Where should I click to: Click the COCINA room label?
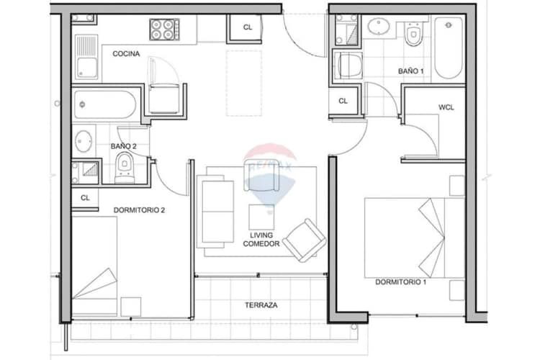(x=126, y=54)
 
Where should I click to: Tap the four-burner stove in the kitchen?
(x=164, y=30)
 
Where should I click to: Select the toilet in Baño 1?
(x=413, y=34)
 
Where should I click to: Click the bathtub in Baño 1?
(x=448, y=48)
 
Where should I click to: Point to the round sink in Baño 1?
(x=379, y=27)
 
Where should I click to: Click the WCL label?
(x=446, y=107)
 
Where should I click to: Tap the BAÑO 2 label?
(x=123, y=146)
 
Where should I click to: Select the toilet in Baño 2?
(x=125, y=168)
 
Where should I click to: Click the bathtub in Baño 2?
(x=104, y=104)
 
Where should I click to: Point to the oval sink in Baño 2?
(x=84, y=141)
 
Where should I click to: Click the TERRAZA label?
(x=261, y=305)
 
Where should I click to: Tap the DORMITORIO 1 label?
(x=400, y=282)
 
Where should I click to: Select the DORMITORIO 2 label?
(x=139, y=210)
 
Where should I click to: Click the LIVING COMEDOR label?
(x=261, y=240)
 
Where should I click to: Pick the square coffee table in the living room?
(x=262, y=217)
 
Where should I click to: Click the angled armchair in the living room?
(x=305, y=240)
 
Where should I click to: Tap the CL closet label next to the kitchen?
(x=247, y=27)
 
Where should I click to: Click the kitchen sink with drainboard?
(x=86, y=57)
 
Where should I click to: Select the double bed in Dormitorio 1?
(x=415, y=238)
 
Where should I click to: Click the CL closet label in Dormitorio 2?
(x=85, y=198)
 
